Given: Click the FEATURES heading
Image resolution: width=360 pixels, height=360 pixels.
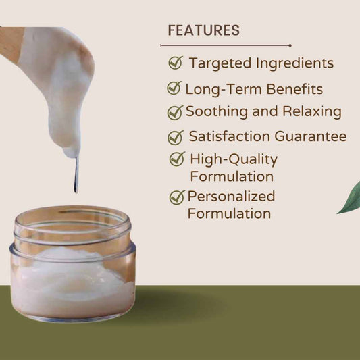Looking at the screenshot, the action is pos(204,30).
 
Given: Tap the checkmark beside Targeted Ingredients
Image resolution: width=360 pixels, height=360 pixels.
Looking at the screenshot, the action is pos(176,63).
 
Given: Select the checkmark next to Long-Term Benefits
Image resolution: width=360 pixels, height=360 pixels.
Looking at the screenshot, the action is pos(174,88).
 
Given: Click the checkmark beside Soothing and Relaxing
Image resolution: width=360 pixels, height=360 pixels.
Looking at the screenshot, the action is pos(175,113).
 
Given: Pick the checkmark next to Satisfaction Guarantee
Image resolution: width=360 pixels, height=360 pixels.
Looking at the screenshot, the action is pos(176,138).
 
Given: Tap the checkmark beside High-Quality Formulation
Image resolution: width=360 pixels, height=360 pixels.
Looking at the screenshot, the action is pos(177,159).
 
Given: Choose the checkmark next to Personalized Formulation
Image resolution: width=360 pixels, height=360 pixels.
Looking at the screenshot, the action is pos(177,197).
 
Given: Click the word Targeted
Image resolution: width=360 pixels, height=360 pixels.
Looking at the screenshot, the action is pos(220,63).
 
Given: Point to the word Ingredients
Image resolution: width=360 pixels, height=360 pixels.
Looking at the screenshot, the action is pos(294,63).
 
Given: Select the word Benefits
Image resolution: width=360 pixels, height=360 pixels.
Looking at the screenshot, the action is pos(294,89).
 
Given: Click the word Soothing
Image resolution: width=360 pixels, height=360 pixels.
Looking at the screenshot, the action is pos(217,112).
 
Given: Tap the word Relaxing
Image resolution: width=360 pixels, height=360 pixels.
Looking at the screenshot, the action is pos(312,112).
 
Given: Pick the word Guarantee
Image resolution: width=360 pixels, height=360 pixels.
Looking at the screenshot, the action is pos(311,136).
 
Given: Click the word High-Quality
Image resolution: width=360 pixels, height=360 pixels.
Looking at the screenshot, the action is pos(234,160).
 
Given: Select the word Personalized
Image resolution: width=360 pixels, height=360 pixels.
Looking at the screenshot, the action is pos(231,197).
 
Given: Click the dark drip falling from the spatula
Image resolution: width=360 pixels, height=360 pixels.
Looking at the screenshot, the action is pos(76,174).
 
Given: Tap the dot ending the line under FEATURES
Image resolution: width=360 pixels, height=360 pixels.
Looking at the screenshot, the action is pos(290,45).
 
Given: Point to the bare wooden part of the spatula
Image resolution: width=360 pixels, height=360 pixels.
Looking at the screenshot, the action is pos(10,44).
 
